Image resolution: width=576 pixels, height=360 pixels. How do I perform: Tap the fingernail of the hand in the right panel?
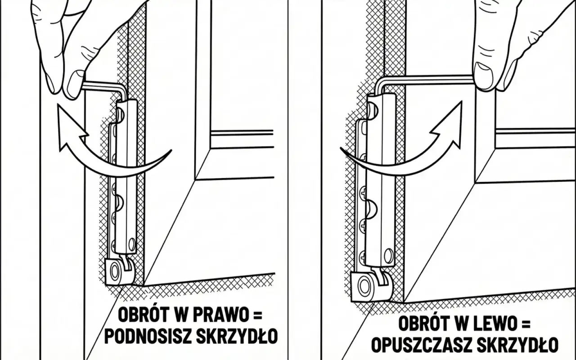point(483,76)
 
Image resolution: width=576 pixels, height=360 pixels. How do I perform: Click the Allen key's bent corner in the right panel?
point(379,82)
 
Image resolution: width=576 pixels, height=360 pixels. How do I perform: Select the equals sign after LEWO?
point(524,324)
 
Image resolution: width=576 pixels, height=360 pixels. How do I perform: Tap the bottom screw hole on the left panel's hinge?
point(131,244)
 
